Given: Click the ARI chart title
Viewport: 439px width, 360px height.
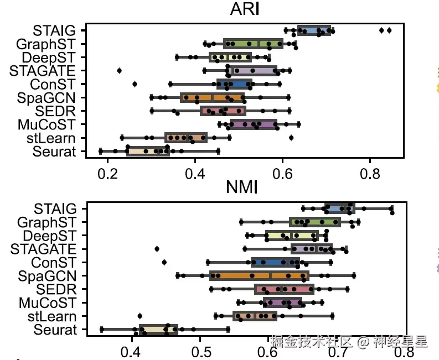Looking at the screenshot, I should [x=245, y=10].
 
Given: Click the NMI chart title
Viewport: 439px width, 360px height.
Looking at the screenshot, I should [x=242, y=188].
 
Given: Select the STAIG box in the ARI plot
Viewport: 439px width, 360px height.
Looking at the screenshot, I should [x=314, y=30].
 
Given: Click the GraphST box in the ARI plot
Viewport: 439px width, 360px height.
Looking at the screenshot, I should [x=253, y=44].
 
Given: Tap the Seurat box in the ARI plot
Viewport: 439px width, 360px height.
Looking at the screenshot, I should [x=148, y=151].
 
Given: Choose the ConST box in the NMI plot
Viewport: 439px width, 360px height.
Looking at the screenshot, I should [x=275, y=262].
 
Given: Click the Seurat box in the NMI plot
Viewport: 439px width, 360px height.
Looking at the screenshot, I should [x=158, y=330].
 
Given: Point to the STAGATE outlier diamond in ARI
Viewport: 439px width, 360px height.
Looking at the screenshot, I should [x=120, y=70].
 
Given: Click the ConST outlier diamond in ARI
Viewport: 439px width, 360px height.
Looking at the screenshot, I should [x=135, y=84].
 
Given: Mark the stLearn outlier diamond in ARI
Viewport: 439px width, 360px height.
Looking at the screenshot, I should [x=291, y=138].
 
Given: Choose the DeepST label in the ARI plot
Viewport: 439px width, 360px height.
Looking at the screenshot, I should [x=53, y=57].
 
